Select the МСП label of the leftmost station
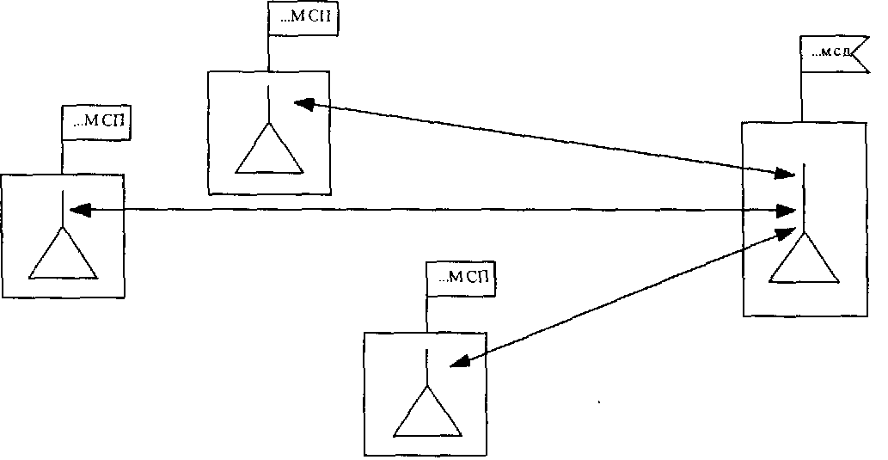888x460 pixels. tap(96, 121)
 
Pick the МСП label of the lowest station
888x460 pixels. tap(462, 278)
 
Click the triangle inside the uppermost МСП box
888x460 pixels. tap(269, 150)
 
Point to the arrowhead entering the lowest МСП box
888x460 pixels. tap(461, 362)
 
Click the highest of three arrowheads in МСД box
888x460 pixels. tap(783, 175)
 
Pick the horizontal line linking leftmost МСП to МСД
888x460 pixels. tap(430, 209)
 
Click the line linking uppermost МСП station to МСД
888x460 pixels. tap(542, 138)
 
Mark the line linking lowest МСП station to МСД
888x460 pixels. tap(619, 297)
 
